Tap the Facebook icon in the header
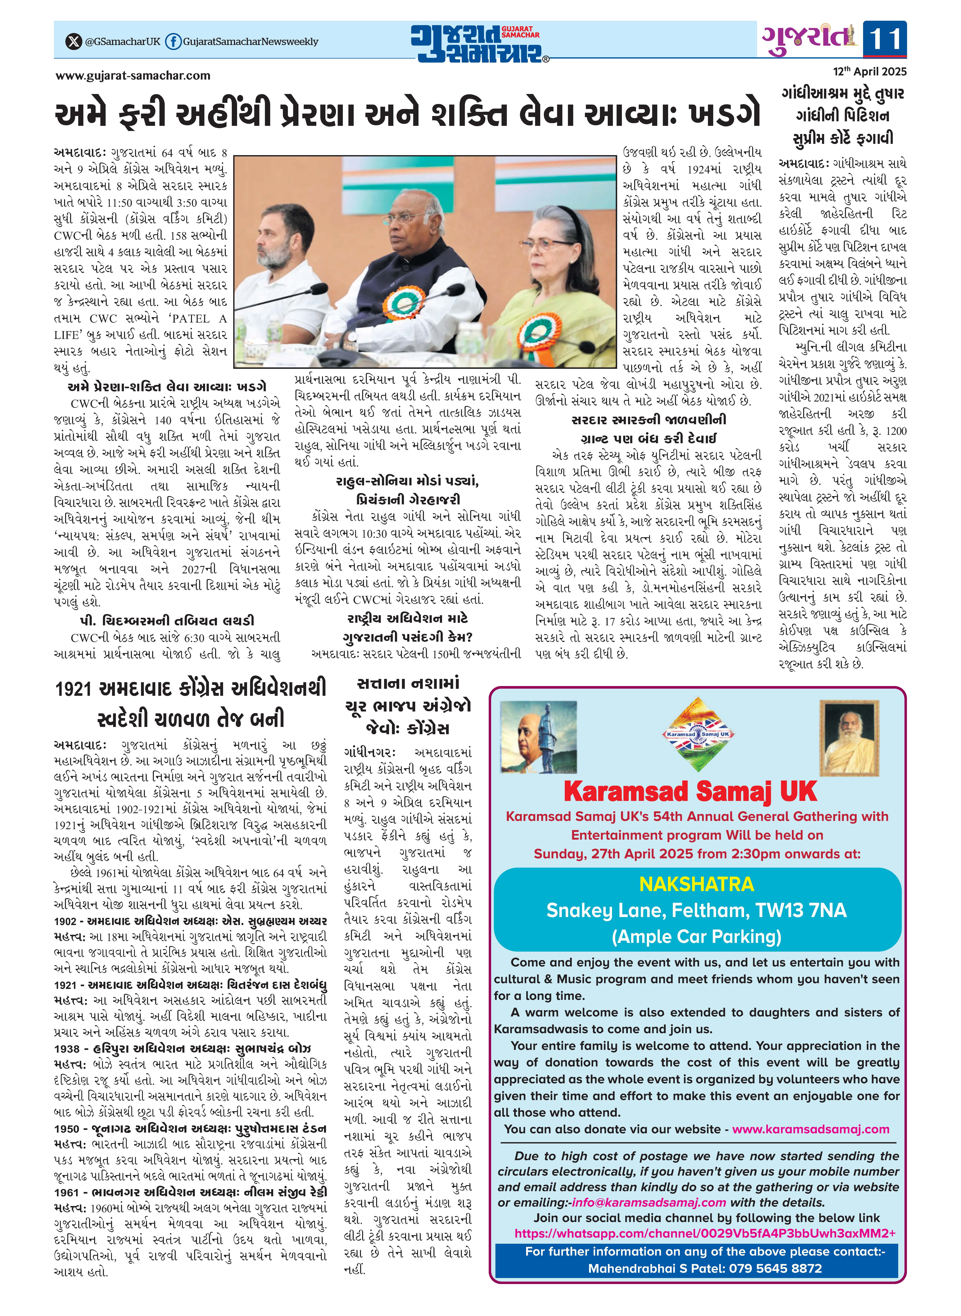point(173,41)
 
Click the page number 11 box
point(884,39)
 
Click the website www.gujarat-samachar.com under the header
point(133,76)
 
